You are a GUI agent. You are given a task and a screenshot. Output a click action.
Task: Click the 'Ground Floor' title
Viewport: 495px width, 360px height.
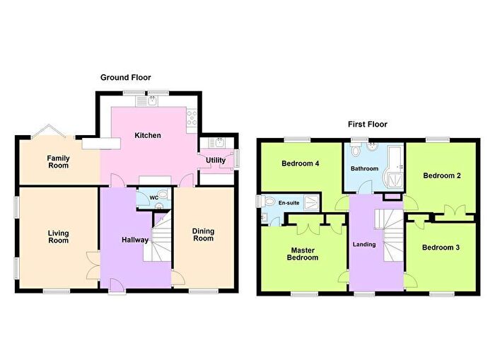click(x=125, y=78)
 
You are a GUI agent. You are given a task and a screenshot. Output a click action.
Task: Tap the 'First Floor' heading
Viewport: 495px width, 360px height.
click(x=367, y=124)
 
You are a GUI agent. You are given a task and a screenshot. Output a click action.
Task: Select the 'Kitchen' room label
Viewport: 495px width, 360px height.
click(x=148, y=136)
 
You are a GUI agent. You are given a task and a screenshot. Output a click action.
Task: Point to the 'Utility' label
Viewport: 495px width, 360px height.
click(x=215, y=161)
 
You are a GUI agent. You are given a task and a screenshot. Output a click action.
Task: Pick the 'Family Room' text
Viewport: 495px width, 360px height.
click(x=58, y=161)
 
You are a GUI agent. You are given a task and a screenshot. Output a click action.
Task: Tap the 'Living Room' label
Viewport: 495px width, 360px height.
click(x=58, y=236)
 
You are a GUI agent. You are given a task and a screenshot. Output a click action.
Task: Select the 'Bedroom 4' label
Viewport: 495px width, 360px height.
click(x=301, y=164)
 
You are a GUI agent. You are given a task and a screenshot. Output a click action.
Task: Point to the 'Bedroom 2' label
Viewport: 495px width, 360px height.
click(x=442, y=175)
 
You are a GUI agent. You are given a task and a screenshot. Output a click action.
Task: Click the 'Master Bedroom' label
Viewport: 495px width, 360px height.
click(x=303, y=253)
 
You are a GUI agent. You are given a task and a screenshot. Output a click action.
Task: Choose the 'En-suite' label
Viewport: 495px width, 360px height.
click(x=289, y=202)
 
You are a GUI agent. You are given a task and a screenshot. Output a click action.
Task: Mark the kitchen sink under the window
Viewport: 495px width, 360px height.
click(x=150, y=101)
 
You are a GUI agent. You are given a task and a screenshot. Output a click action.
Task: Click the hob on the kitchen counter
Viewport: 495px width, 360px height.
click(x=191, y=120)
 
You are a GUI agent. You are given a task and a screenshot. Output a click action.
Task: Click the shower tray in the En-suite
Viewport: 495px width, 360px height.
click(x=311, y=203)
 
